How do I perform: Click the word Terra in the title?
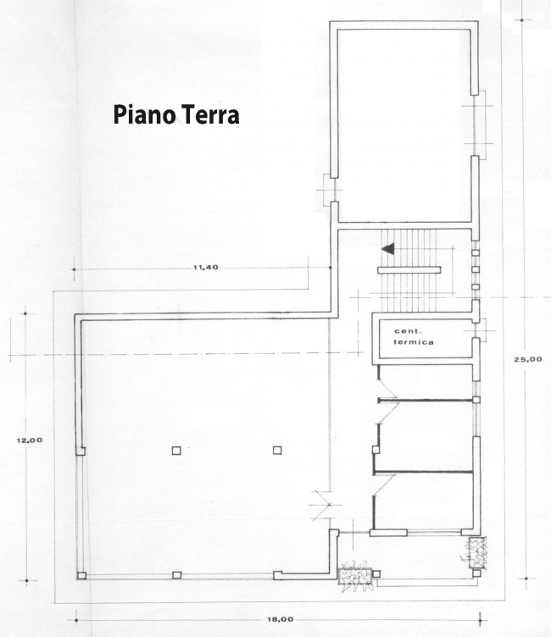point(207,116)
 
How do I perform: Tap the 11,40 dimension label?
point(206,268)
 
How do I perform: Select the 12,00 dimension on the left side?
point(30,439)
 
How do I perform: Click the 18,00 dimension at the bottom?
point(280,619)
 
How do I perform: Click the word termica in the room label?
point(415,342)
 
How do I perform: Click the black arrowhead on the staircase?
point(388,249)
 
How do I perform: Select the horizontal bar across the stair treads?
point(410,269)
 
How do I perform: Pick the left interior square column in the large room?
point(175,451)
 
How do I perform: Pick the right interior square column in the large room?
point(277,451)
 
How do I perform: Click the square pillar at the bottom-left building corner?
point(81,576)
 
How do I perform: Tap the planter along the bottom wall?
point(356,576)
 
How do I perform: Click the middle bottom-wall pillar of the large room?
point(176,575)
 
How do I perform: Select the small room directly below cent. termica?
point(424,381)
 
